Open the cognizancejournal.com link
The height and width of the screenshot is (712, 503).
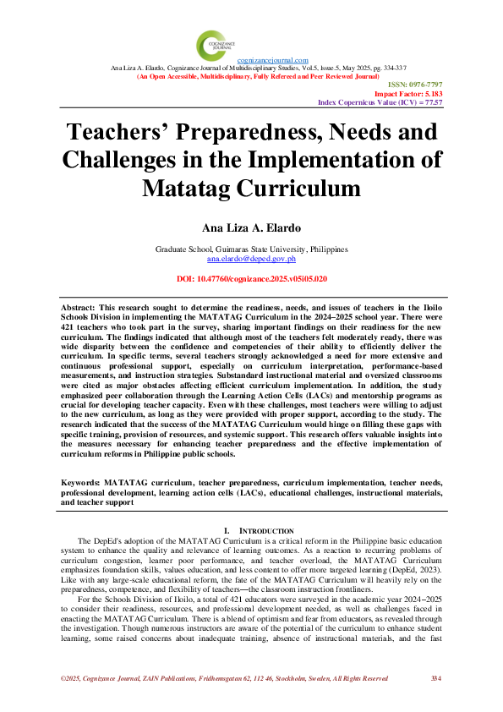pos(272,60)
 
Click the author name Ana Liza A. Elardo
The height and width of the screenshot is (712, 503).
pos(251,228)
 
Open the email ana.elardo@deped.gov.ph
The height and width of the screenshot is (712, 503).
pos(251,260)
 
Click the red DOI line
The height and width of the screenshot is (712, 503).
pos(251,278)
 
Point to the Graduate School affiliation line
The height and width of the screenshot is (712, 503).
pos(251,250)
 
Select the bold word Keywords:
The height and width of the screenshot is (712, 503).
pos(83,482)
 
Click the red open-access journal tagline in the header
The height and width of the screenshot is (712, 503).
pos(251,76)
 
